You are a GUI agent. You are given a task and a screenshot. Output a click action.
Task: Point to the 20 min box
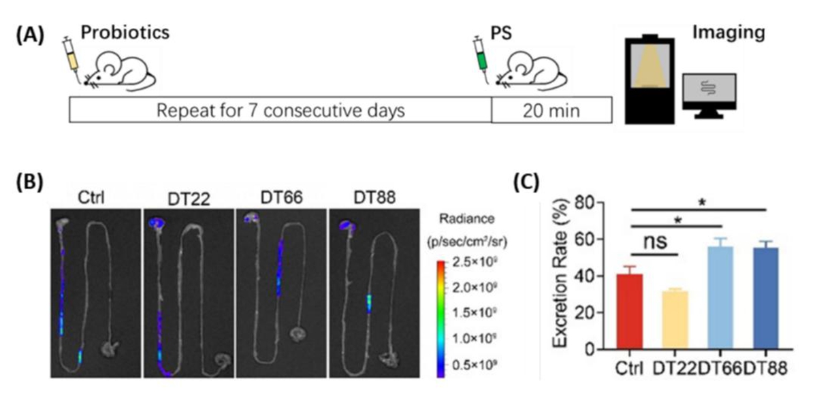coord(551,110)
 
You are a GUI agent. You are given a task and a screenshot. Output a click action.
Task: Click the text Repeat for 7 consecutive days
coord(281,110)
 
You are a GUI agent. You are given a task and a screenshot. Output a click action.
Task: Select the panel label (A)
coord(30,36)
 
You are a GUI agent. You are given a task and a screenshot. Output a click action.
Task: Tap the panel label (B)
coord(30,182)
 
